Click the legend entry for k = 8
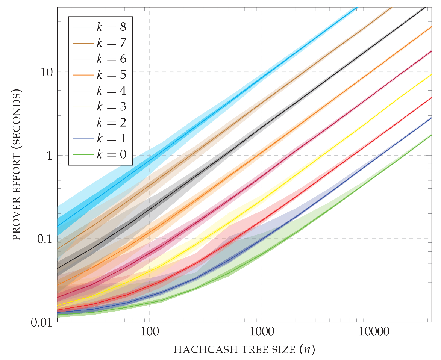pos(111,27)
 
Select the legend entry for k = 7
pos(111,43)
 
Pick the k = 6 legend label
pos(111,59)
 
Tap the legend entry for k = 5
pos(111,75)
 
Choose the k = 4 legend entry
pos(111,91)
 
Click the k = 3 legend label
pos(111,107)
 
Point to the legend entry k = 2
pos(111,123)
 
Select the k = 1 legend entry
pos(111,138)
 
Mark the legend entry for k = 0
pos(111,154)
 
